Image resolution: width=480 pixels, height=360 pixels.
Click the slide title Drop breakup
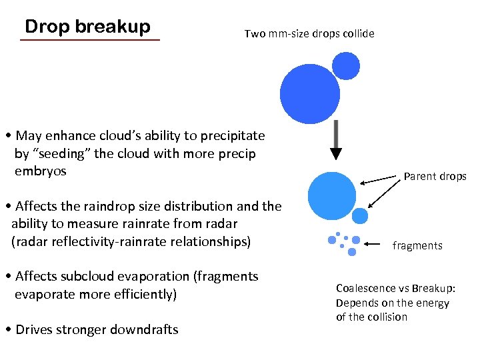tap(87, 27)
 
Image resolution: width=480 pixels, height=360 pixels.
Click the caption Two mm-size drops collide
tap(309, 33)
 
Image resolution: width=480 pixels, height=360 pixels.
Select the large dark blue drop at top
tap(311, 94)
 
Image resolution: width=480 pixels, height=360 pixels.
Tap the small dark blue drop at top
tap(346, 65)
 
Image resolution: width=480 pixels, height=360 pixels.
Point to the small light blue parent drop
tap(360, 215)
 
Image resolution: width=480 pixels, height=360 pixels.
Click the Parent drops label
tap(435, 177)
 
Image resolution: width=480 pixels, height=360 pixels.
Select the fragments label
tap(417, 245)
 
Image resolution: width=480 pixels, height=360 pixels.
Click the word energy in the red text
tap(433, 303)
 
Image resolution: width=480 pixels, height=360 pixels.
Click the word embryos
tap(41, 171)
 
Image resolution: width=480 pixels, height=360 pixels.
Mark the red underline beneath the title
tap(90, 41)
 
